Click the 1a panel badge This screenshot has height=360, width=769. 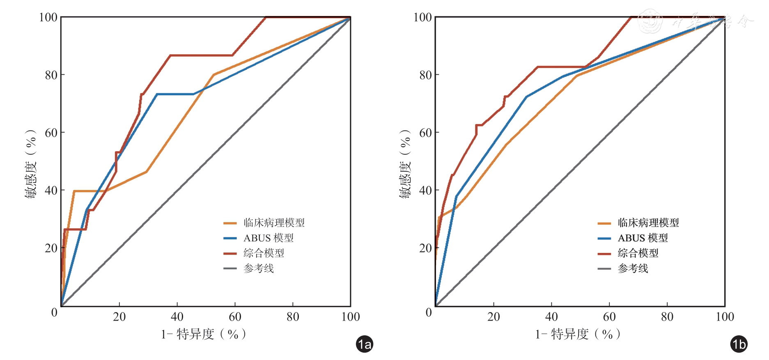(364, 344)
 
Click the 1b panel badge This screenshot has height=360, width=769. (739, 344)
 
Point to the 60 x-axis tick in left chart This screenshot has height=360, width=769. (235, 317)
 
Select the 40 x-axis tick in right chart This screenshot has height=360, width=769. (551, 317)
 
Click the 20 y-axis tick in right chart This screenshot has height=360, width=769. (425, 248)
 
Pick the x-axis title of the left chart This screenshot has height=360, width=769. (204, 334)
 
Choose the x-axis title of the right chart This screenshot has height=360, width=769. (578, 334)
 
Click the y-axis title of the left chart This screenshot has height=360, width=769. (30, 164)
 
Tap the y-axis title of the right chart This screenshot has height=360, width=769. (405, 164)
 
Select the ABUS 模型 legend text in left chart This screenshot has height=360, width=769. (269, 238)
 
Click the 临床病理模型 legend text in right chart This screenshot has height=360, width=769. (648, 223)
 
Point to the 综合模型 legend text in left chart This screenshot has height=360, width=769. (264, 253)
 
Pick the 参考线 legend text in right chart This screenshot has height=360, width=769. (633, 268)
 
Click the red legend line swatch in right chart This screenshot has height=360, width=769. (604, 253)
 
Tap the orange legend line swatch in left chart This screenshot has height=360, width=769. (230, 223)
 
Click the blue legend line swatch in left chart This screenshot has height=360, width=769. (230, 238)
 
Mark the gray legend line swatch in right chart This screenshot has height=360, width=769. (604, 268)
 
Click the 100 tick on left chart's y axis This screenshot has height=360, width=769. (48, 17)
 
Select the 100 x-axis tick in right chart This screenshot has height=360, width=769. (725, 317)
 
